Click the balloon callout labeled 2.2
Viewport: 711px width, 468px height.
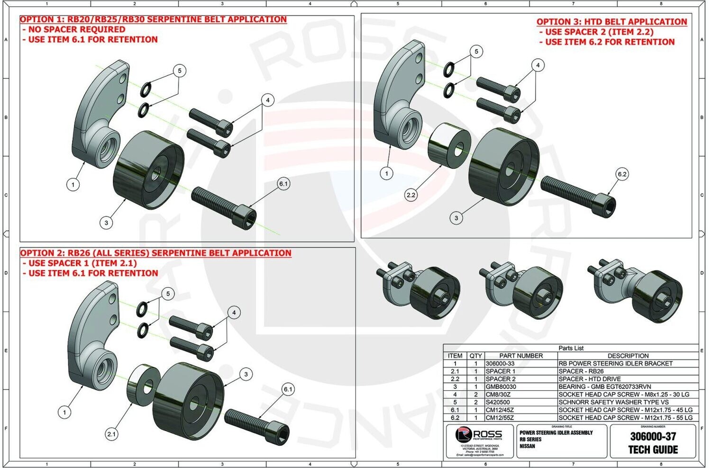[411, 195]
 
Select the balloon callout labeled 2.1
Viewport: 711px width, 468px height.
[111, 434]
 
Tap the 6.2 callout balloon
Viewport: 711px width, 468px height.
[622, 174]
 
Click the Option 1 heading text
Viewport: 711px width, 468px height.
[153, 19]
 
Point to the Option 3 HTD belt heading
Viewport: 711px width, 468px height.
[611, 22]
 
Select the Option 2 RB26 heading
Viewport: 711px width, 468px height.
[155, 253]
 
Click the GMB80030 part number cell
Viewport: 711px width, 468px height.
[501, 387]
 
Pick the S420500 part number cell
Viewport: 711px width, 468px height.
[498, 402]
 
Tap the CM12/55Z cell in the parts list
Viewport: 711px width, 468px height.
[500, 418]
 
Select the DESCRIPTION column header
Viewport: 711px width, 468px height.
[628, 356]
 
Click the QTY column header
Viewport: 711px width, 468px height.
[475, 356]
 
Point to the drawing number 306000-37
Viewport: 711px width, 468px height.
[653, 436]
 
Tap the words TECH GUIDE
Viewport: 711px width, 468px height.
[653, 450]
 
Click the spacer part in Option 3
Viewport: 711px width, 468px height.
[448, 145]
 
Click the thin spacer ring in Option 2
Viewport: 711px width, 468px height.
[143, 385]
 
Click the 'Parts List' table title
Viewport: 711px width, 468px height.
[571, 348]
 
